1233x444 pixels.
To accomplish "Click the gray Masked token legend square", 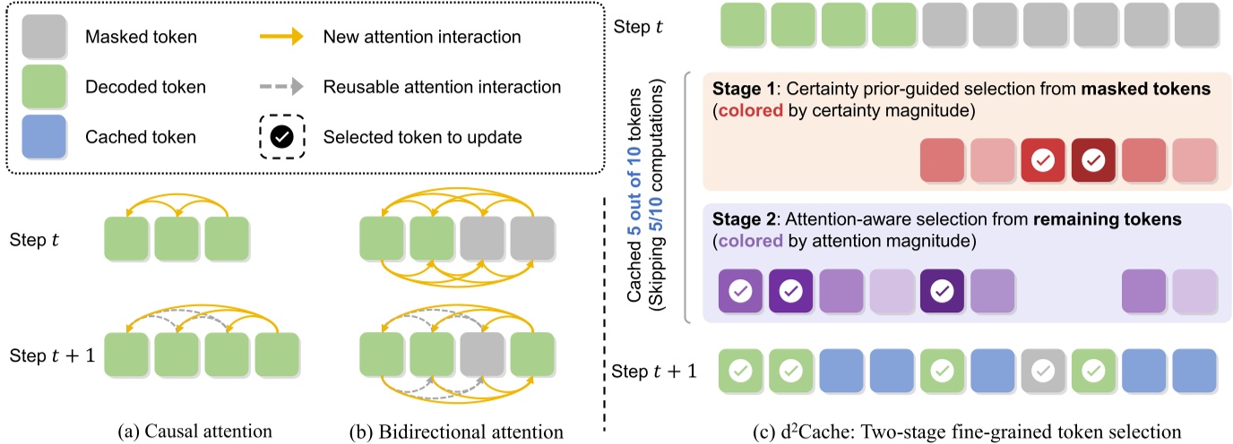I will click(x=43, y=38).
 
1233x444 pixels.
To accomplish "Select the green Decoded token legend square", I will click(x=43, y=87).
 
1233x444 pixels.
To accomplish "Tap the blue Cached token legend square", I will click(x=43, y=137).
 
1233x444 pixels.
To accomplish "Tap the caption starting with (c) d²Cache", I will click(x=965, y=431).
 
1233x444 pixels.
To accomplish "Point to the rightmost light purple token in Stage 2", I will click(x=1195, y=291).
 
